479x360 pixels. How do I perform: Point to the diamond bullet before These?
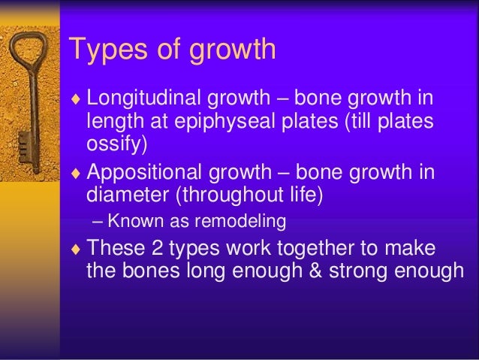[74, 248]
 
